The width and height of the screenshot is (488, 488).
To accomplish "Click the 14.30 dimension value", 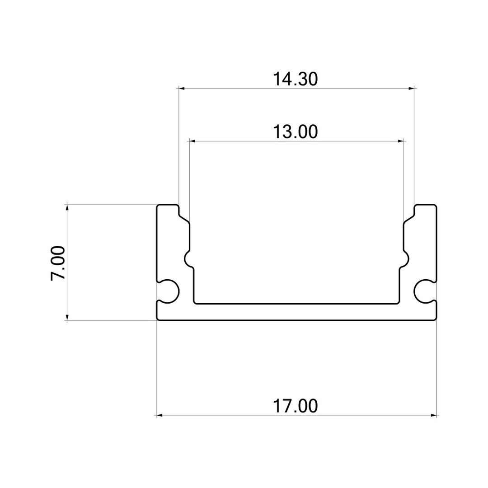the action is pyautogui.click(x=296, y=79).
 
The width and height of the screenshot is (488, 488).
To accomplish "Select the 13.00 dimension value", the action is pyautogui.click(x=296, y=131).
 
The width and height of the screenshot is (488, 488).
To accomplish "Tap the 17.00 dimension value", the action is pyautogui.click(x=296, y=406).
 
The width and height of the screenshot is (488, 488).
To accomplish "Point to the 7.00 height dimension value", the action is pyautogui.click(x=58, y=263).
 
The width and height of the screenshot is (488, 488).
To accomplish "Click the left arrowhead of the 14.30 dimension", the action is pyautogui.click(x=182, y=89).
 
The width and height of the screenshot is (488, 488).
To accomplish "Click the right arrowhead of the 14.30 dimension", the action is pyautogui.click(x=411, y=89).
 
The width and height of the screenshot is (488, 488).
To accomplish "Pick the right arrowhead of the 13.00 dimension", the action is pyautogui.click(x=400, y=141).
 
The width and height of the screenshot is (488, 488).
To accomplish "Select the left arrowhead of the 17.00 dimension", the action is pyautogui.click(x=160, y=415).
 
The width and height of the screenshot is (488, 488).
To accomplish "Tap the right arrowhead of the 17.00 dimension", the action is pyautogui.click(x=433, y=415).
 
